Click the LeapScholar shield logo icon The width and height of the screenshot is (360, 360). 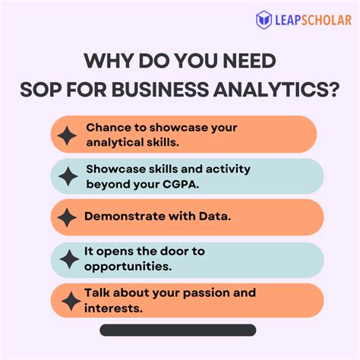(x=264, y=20)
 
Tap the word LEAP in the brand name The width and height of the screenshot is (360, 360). (x=290, y=20)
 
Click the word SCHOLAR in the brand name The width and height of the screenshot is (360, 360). (x=328, y=20)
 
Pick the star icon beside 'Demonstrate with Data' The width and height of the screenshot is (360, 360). (x=68, y=218)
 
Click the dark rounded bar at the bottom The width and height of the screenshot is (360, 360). (x=178, y=330)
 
